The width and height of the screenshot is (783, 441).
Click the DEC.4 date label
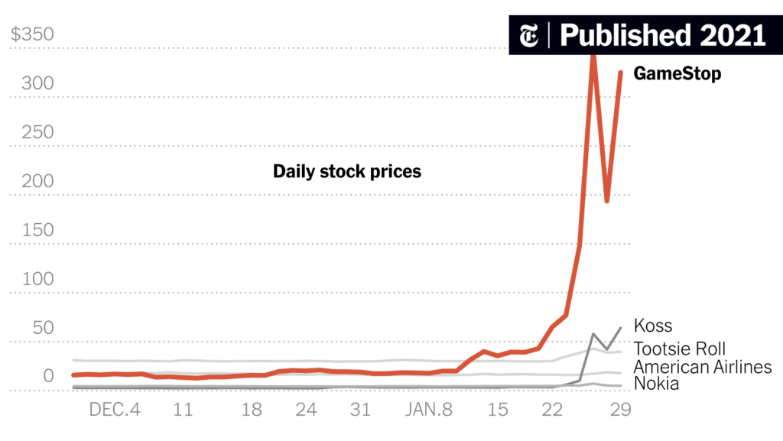pos(115,410)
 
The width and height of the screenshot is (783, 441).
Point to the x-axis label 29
pos(620,410)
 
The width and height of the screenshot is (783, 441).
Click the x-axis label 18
pos(252,410)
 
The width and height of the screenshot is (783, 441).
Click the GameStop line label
pos(677,74)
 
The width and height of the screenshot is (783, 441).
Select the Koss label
pos(653,326)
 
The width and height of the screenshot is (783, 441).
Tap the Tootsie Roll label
pos(680,349)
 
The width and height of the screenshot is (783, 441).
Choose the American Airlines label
pos(703,367)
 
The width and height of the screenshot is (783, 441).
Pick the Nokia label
pos(656,384)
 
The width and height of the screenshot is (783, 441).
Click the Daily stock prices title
pos(347,171)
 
